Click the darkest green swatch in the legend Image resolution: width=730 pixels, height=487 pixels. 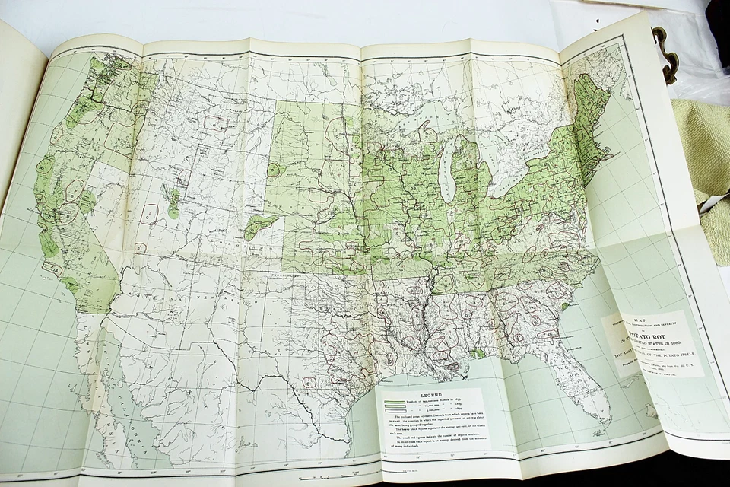pyautogui.click(x=395, y=404)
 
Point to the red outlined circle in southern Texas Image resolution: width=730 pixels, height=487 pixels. pyautogui.click(x=309, y=382)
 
